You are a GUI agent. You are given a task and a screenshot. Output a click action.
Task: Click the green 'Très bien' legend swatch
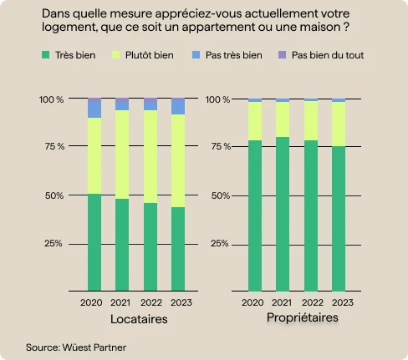45,55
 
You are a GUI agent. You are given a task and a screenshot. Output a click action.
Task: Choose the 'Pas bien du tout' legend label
328,55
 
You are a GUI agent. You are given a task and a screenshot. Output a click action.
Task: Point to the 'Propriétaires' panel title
302,318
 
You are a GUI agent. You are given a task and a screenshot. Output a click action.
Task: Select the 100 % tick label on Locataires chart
52,99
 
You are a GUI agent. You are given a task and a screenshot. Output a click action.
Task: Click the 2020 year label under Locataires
94,302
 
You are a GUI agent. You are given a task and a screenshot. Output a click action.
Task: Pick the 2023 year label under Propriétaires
339,302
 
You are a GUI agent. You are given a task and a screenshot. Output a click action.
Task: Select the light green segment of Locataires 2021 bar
121,155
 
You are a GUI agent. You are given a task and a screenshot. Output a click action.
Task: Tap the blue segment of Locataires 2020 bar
94,109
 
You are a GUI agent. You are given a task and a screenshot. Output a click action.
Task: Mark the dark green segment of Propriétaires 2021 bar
283,213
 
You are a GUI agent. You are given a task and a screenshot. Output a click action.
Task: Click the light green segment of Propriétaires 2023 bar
339,124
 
